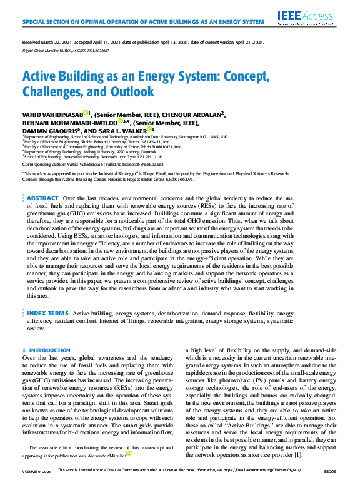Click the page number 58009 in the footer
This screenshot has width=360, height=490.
329,486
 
